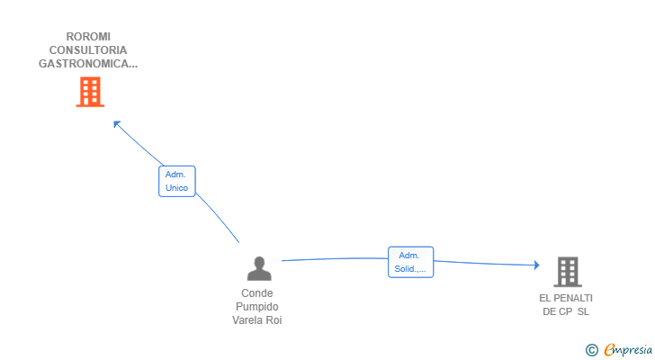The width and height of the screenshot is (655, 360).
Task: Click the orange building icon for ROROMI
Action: tap(89, 92)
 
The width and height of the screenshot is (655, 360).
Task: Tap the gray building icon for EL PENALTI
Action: tap(567, 271)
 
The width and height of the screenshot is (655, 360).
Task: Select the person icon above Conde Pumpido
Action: tap(259, 268)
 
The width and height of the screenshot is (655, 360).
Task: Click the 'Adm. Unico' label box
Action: tap(176, 181)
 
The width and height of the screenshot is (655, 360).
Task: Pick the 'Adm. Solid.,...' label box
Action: tap(410, 262)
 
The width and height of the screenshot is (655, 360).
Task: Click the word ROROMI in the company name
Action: tap(88, 37)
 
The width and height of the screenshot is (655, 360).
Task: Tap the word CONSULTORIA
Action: tap(88, 50)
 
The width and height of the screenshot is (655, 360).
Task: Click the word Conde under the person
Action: tap(257, 293)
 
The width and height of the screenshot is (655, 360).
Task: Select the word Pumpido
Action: tap(257, 307)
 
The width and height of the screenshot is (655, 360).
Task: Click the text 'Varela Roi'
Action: tap(257, 320)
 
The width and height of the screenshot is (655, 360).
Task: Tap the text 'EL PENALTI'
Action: tap(566, 298)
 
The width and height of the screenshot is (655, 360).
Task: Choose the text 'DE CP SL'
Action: tap(566, 311)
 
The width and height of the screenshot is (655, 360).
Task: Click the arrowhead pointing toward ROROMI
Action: tap(116, 124)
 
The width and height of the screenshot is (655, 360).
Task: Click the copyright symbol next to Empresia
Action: tap(591, 350)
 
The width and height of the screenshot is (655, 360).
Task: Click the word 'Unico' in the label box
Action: tap(176, 188)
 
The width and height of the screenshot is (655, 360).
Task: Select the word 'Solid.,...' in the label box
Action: tap(410, 269)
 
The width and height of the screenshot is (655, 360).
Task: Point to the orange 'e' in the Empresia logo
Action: tap(609, 350)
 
